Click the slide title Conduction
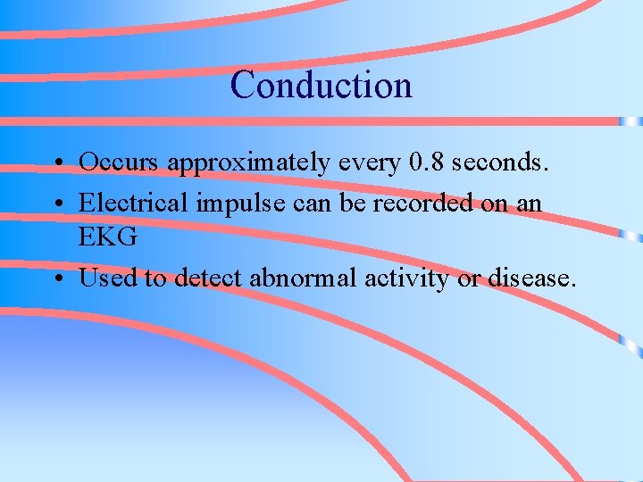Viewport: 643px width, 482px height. tap(321, 86)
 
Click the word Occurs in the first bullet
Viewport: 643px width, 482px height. tap(120, 162)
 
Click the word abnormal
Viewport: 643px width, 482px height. tap(304, 278)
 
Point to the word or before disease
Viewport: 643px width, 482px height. tap(469, 278)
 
